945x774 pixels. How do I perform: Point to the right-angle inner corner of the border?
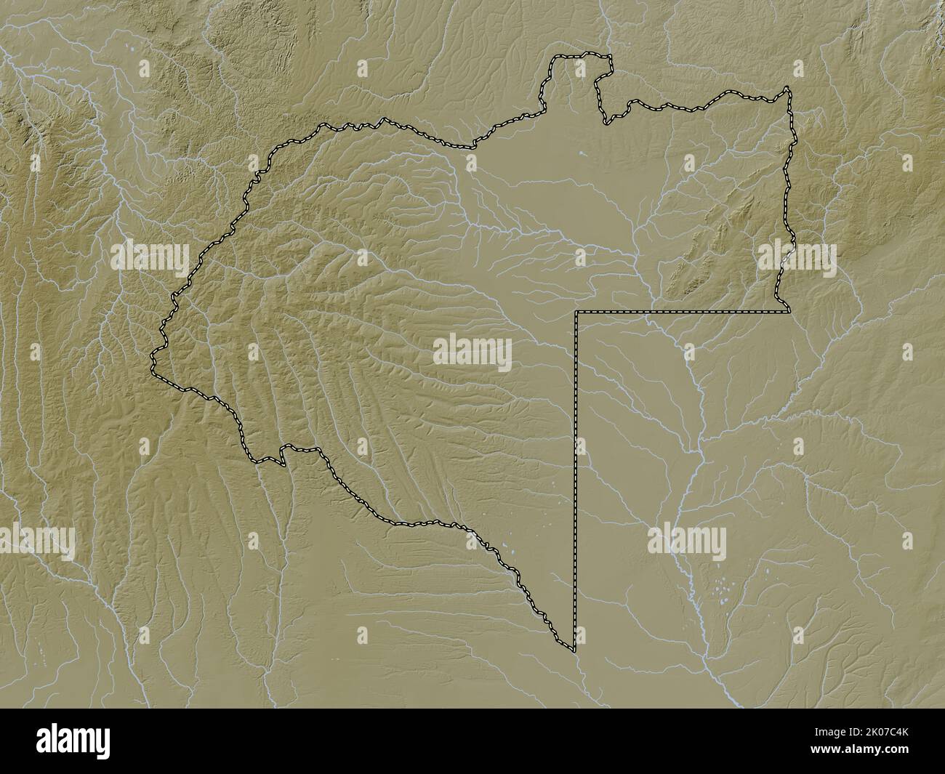(x=576, y=312)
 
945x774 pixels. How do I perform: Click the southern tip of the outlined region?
(x=574, y=648)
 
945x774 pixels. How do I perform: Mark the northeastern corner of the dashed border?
(x=787, y=89)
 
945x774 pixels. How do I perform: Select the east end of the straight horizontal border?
(x=789, y=312)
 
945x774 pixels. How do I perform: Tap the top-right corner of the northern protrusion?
(x=609, y=57)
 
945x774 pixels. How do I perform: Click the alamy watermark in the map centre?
(x=472, y=353)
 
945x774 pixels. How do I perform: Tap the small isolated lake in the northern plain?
(x=582, y=153)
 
